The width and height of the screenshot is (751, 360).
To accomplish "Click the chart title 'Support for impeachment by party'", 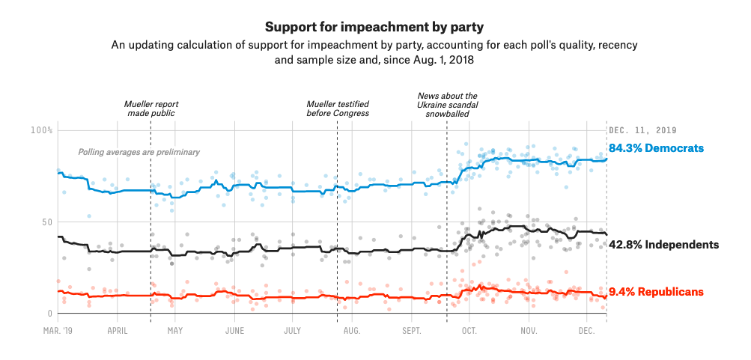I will click(374, 28).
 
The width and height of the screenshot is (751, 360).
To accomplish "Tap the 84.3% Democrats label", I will click(656, 148).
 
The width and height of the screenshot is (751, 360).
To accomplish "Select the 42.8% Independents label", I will click(663, 245).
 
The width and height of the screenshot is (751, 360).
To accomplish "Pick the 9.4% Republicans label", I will click(656, 292).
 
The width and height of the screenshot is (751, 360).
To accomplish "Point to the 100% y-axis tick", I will click(41, 130).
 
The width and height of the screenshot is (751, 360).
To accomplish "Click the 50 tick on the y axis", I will click(46, 222).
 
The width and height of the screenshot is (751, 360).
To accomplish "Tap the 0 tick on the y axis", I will click(50, 314).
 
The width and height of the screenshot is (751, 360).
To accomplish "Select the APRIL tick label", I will click(117, 330).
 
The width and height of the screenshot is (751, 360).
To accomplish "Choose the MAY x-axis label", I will click(175, 330).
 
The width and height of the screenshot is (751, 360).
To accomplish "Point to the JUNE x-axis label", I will click(234, 330).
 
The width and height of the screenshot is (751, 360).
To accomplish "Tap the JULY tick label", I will click(292, 330).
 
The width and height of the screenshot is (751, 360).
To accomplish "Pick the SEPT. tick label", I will click(411, 330).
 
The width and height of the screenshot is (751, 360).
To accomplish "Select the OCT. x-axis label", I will click(469, 330).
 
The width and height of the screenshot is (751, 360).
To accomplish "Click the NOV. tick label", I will click(529, 330).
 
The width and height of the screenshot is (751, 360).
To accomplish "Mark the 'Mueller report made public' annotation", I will click(150, 109).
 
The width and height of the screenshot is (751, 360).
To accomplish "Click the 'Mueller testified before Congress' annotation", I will click(338, 109).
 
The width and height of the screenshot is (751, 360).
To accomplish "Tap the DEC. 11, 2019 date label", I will click(644, 130).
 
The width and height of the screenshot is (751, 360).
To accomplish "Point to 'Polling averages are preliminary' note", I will click(139, 152).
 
